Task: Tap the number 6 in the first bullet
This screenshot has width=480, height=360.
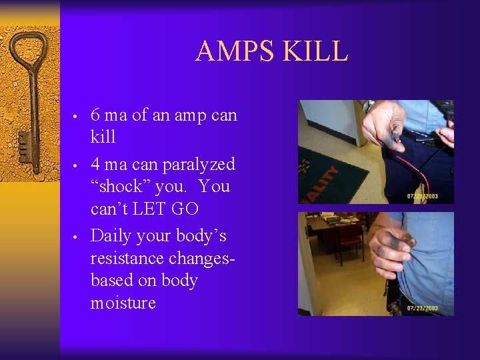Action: click(95, 115)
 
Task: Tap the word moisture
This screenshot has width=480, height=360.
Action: click(123, 303)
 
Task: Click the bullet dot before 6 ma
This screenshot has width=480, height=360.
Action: click(77, 117)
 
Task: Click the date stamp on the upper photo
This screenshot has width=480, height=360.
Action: click(423, 196)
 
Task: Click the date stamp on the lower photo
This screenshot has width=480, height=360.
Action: click(423, 308)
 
